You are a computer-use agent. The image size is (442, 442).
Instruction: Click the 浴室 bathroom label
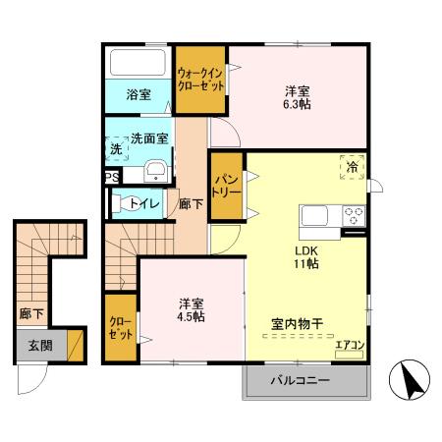point(138,95)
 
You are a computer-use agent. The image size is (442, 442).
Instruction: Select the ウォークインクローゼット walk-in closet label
point(200,79)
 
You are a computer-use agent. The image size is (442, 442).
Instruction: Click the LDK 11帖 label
point(306,255)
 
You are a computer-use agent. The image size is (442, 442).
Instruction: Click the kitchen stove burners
point(353,215)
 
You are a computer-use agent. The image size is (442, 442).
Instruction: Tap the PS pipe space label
point(112,178)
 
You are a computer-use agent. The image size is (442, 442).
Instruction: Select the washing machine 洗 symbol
point(116,148)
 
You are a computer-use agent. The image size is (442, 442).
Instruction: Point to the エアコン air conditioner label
point(349,344)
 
